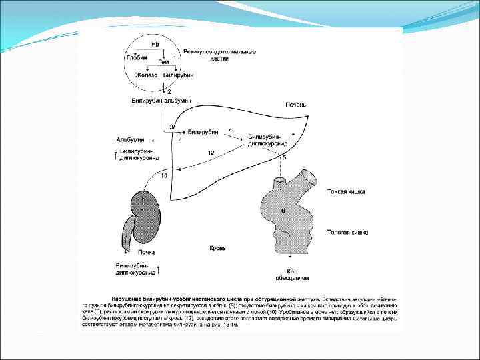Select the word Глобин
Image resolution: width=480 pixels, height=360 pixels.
(x=137, y=57)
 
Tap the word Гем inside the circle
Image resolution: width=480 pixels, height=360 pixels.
(x=163, y=61)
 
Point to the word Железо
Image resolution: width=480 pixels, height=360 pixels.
(x=146, y=75)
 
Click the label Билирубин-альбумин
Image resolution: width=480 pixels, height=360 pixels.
(x=161, y=101)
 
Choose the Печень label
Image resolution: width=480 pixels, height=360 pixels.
(x=296, y=105)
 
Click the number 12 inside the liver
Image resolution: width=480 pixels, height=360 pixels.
(x=211, y=153)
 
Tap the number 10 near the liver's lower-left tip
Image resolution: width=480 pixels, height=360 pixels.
(x=164, y=176)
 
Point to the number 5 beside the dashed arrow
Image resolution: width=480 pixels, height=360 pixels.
(x=285, y=157)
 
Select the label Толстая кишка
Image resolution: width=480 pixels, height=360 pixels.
(x=347, y=233)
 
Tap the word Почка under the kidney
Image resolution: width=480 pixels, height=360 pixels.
(x=146, y=252)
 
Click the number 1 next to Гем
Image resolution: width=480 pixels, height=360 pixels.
(x=174, y=58)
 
